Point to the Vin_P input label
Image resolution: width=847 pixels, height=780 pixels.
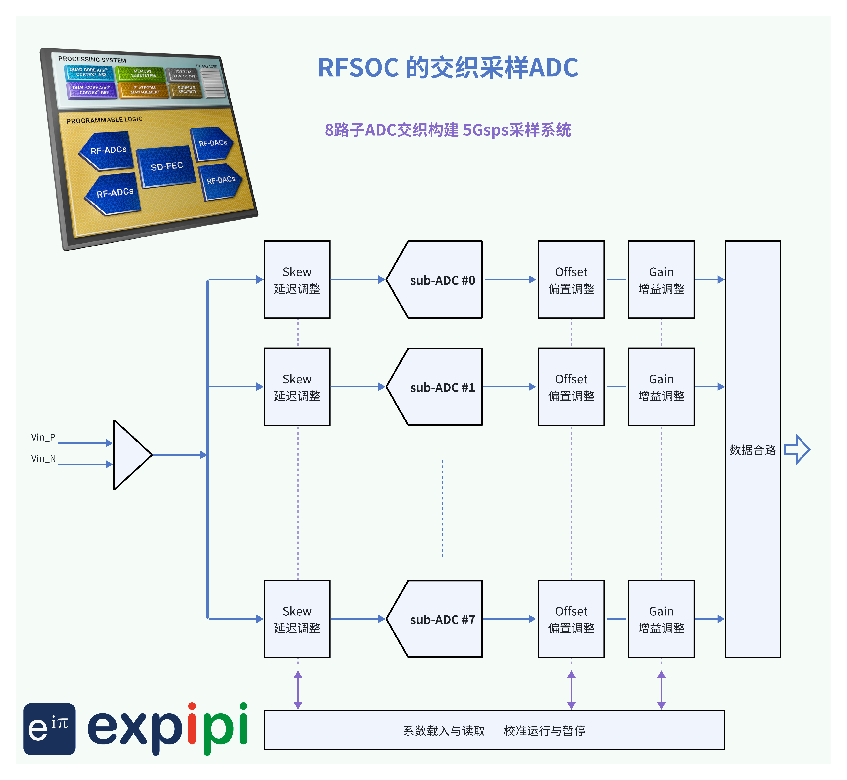[43, 437]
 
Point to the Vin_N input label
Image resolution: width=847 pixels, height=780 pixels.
[43, 458]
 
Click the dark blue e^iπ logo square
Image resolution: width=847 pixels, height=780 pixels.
[49, 729]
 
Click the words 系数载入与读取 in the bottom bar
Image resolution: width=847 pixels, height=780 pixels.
[444, 731]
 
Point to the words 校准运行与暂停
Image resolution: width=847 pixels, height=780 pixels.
[544, 731]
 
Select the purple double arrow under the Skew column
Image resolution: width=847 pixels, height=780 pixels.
[298, 690]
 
